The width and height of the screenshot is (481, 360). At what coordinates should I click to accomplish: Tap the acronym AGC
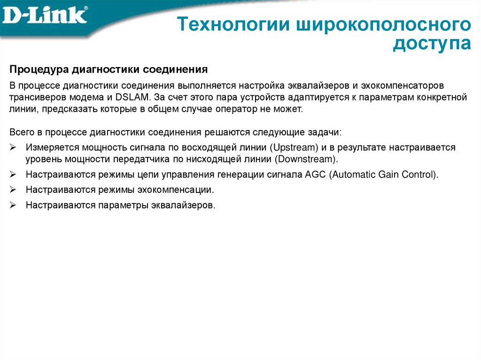tap(315, 175)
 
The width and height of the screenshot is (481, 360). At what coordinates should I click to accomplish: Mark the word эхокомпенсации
tap(181, 190)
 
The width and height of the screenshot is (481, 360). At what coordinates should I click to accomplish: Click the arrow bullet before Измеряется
tap(13, 147)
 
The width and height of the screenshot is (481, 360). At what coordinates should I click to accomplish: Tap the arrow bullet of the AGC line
tap(13, 175)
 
